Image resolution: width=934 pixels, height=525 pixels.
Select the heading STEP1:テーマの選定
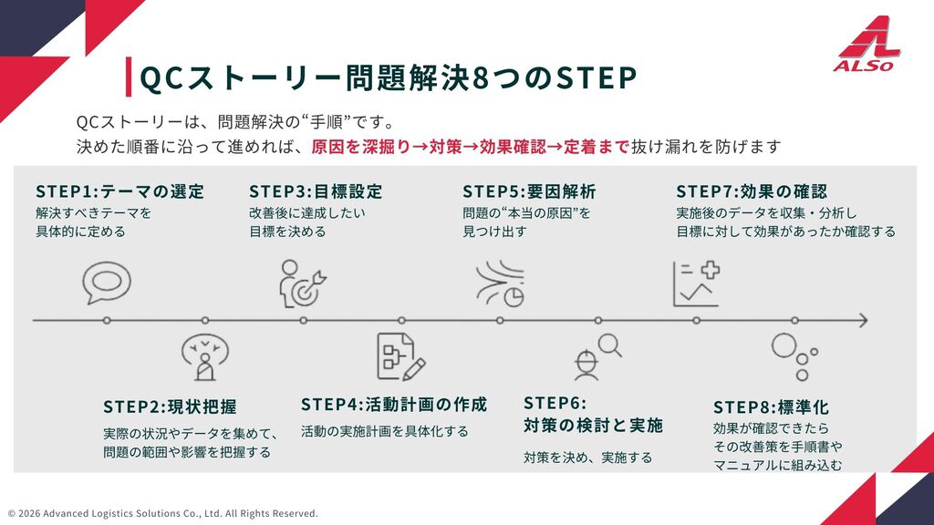(119, 191)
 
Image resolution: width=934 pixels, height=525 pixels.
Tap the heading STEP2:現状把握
(170, 406)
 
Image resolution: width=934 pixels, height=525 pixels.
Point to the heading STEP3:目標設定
(316, 191)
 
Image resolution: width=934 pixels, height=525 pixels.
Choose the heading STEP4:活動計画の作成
(394, 404)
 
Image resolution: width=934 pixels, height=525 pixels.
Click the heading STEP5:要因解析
(529, 191)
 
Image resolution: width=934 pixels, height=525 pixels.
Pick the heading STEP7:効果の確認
(752, 191)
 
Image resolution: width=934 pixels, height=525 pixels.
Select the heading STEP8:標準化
(771, 407)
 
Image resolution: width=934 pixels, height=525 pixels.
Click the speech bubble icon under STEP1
(100, 282)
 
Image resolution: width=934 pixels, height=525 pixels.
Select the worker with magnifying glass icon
(596, 356)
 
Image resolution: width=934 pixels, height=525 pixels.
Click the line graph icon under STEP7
(695, 283)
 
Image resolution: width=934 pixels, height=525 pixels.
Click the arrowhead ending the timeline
(861, 320)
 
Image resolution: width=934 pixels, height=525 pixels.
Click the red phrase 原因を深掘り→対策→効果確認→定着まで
(471, 147)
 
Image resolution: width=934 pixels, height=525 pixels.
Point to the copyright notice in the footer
(163, 513)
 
